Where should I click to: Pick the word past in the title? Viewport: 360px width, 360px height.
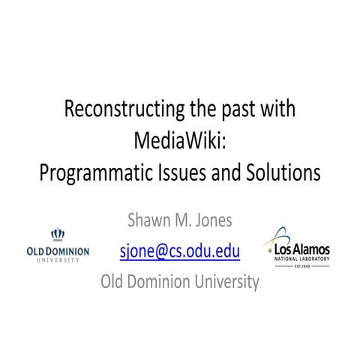[x=242, y=110]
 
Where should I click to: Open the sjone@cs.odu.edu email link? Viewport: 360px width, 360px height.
[x=180, y=251]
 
